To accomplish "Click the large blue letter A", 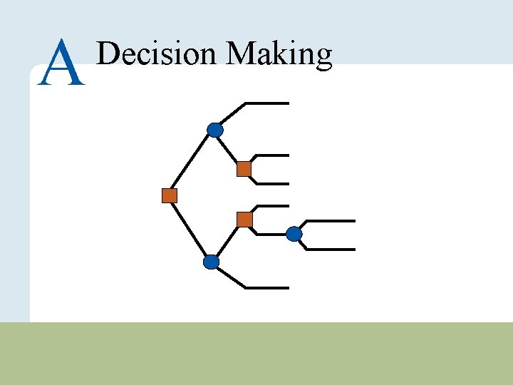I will (63, 63).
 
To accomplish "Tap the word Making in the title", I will (279, 55).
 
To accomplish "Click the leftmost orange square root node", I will (169, 195).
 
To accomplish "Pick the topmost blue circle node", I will (215, 130).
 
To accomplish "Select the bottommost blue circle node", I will (212, 262).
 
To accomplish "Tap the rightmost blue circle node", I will (294, 233).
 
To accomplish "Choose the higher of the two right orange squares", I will (244, 169).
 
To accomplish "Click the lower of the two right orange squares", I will (244, 220).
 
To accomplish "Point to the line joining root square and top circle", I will (192, 163).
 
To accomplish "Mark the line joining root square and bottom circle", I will (190, 229).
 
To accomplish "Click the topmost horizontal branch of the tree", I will (267, 103).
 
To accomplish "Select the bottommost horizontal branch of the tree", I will (267, 288).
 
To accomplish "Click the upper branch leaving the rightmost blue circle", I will (331, 221).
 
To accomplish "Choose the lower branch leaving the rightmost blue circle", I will (331, 250).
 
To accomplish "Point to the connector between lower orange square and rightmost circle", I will (271, 233).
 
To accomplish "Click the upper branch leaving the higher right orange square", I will (274, 155).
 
